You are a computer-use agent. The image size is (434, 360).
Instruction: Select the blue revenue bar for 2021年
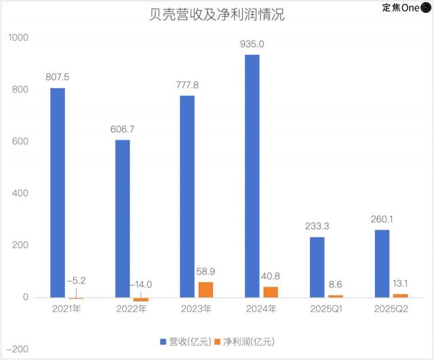(58, 193)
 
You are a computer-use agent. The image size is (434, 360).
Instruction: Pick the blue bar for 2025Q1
(317, 267)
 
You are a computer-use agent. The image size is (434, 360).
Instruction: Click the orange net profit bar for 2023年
(205, 289)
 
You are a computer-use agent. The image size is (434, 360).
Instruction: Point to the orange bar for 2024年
(270, 292)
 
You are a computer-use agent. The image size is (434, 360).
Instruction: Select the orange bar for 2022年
(140, 299)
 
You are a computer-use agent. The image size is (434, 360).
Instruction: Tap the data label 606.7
(122, 129)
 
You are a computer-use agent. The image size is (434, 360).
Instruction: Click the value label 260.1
(382, 219)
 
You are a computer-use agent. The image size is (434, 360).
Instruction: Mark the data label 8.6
(336, 284)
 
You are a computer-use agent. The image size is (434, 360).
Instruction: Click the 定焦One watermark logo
(407, 8)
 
